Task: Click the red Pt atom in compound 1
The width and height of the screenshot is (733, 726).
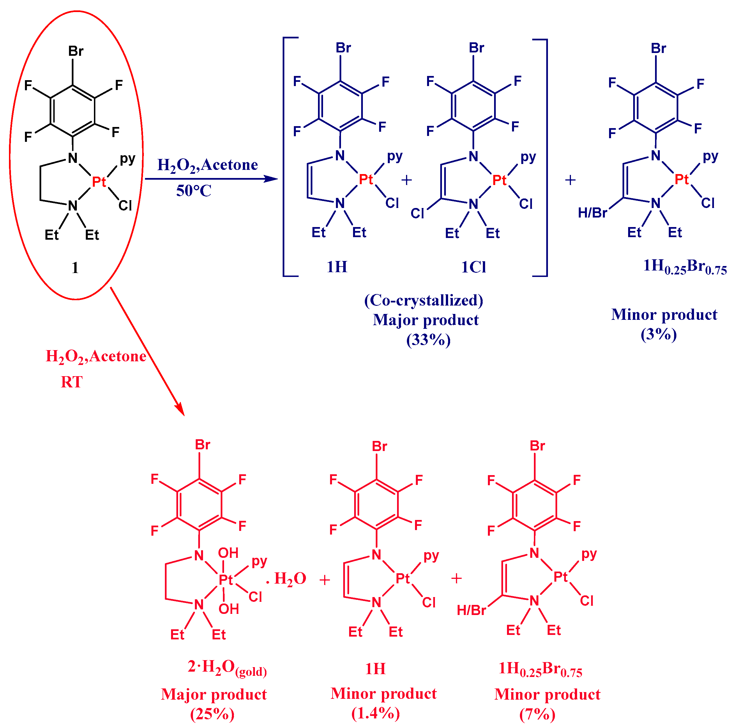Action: [99, 182]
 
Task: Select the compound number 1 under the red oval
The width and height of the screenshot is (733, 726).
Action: [75, 268]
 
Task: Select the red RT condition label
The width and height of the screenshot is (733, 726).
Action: [72, 382]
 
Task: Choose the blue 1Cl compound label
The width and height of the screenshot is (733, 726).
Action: [474, 267]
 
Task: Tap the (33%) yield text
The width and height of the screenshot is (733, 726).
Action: [428, 340]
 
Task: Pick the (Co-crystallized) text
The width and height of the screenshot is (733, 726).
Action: [424, 300]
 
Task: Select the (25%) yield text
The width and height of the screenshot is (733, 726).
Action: [213, 714]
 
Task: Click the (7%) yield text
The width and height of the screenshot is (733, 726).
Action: [537, 714]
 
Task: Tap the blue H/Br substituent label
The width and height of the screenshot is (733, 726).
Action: [593, 213]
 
